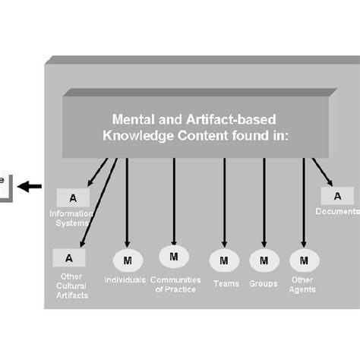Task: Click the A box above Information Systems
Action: tap(73, 197)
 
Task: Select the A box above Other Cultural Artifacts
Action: tap(69, 258)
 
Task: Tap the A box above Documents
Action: tap(327, 196)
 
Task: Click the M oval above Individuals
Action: tap(127, 261)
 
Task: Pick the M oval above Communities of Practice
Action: tap(174, 257)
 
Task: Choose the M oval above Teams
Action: tap(224, 261)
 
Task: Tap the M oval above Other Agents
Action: tap(304, 261)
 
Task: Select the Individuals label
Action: tap(126, 280)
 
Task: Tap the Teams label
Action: tap(226, 283)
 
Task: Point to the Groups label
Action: tap(264, 283)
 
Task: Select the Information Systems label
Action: tap(71, 219)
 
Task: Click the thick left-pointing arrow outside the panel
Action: tap(30, 186)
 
